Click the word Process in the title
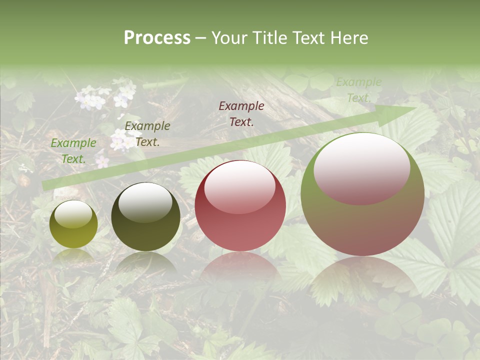coord(157,38)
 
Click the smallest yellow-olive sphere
coord(73,224)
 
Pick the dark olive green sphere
coord(145,216)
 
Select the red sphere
coord(240,205)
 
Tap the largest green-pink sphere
coord(362,194)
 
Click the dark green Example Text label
coord(147,133)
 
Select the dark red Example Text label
coord(241,113)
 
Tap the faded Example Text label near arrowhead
coord(358,89)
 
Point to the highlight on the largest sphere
coord(361,168)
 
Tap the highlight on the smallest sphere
coord(73,214)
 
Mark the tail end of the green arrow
coord(45,185)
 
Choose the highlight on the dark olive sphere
coord(145,201)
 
